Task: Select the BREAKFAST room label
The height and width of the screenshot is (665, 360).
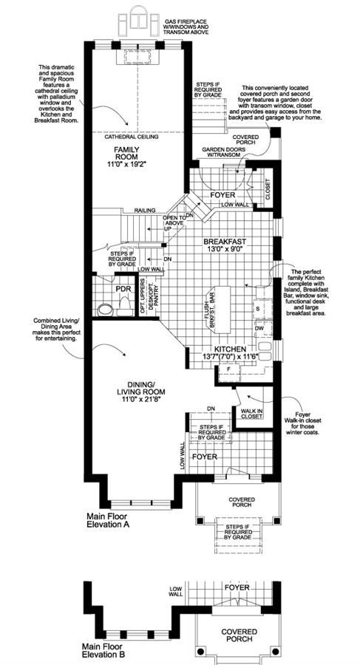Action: click(226, 241)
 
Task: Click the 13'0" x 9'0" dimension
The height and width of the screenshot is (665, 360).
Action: click(226, 250)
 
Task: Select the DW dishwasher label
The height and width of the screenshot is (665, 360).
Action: click(259, 328)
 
